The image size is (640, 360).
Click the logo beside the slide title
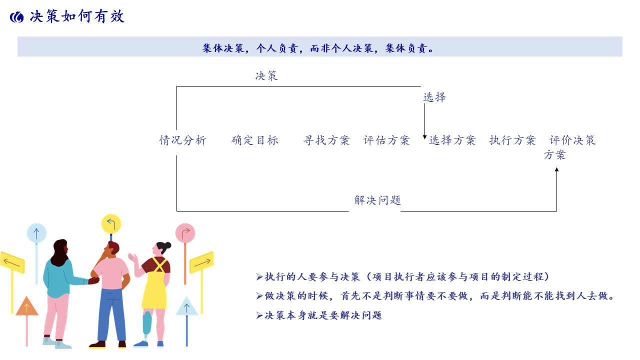(17, 17)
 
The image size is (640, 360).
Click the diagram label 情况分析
(183, 140)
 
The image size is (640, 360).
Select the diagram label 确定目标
(254, 140)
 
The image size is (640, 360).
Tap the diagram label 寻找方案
(326, 140)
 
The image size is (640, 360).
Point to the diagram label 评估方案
(386, 140)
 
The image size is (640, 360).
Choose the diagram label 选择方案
(452, 140)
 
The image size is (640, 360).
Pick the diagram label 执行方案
(512, 140)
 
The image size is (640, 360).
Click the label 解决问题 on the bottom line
(377, 200)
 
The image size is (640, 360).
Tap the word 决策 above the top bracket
(266, 76)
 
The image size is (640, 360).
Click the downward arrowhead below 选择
(424, 137)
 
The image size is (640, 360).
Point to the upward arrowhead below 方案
(556, 169)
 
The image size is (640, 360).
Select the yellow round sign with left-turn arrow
(111, 223)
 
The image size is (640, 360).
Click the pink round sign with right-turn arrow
(185, 233)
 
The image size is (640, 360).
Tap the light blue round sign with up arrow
(36, 233)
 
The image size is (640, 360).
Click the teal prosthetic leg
(147, 323)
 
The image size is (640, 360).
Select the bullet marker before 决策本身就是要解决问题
(259, 315)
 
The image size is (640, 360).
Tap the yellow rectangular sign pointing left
(12, 262)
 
